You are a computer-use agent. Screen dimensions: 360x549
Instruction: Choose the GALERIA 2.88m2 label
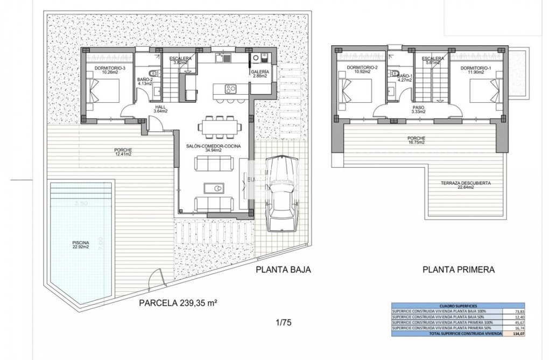(x=259, y=74)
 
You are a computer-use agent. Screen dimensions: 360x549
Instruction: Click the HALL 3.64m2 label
(x=160, y=109)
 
